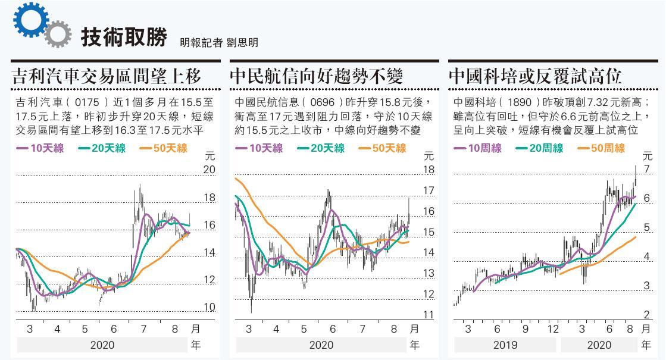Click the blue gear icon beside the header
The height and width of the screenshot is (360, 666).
pyautogui.click(x=28, y=19)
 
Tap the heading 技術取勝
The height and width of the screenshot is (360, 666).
pyautogui.click(x=123, y=37)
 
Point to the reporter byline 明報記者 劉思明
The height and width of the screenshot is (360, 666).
pyautogui.click(x=218, y=43)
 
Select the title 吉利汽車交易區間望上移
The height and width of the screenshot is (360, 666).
pyautogui.click(x=107, y=76)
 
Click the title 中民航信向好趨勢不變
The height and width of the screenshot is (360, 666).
pyautogui.click(x=316, y=76)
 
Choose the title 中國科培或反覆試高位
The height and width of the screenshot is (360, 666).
pyautogui.click(x=534, y=76)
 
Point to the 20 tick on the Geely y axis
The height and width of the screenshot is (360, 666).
pyautogui.click(x=209, y=170)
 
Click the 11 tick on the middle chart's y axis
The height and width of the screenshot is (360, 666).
pyautogui.click(x=429, y=315)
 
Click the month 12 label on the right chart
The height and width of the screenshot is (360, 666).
pyautogui.click(x=553, y=329)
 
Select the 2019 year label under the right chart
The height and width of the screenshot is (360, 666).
pyautogui.click(x=505, y=345)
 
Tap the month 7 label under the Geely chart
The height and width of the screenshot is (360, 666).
pyautogui.click(x=142, y=329)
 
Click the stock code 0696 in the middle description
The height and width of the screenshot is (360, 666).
pyautogui.click(x=326, y=102)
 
